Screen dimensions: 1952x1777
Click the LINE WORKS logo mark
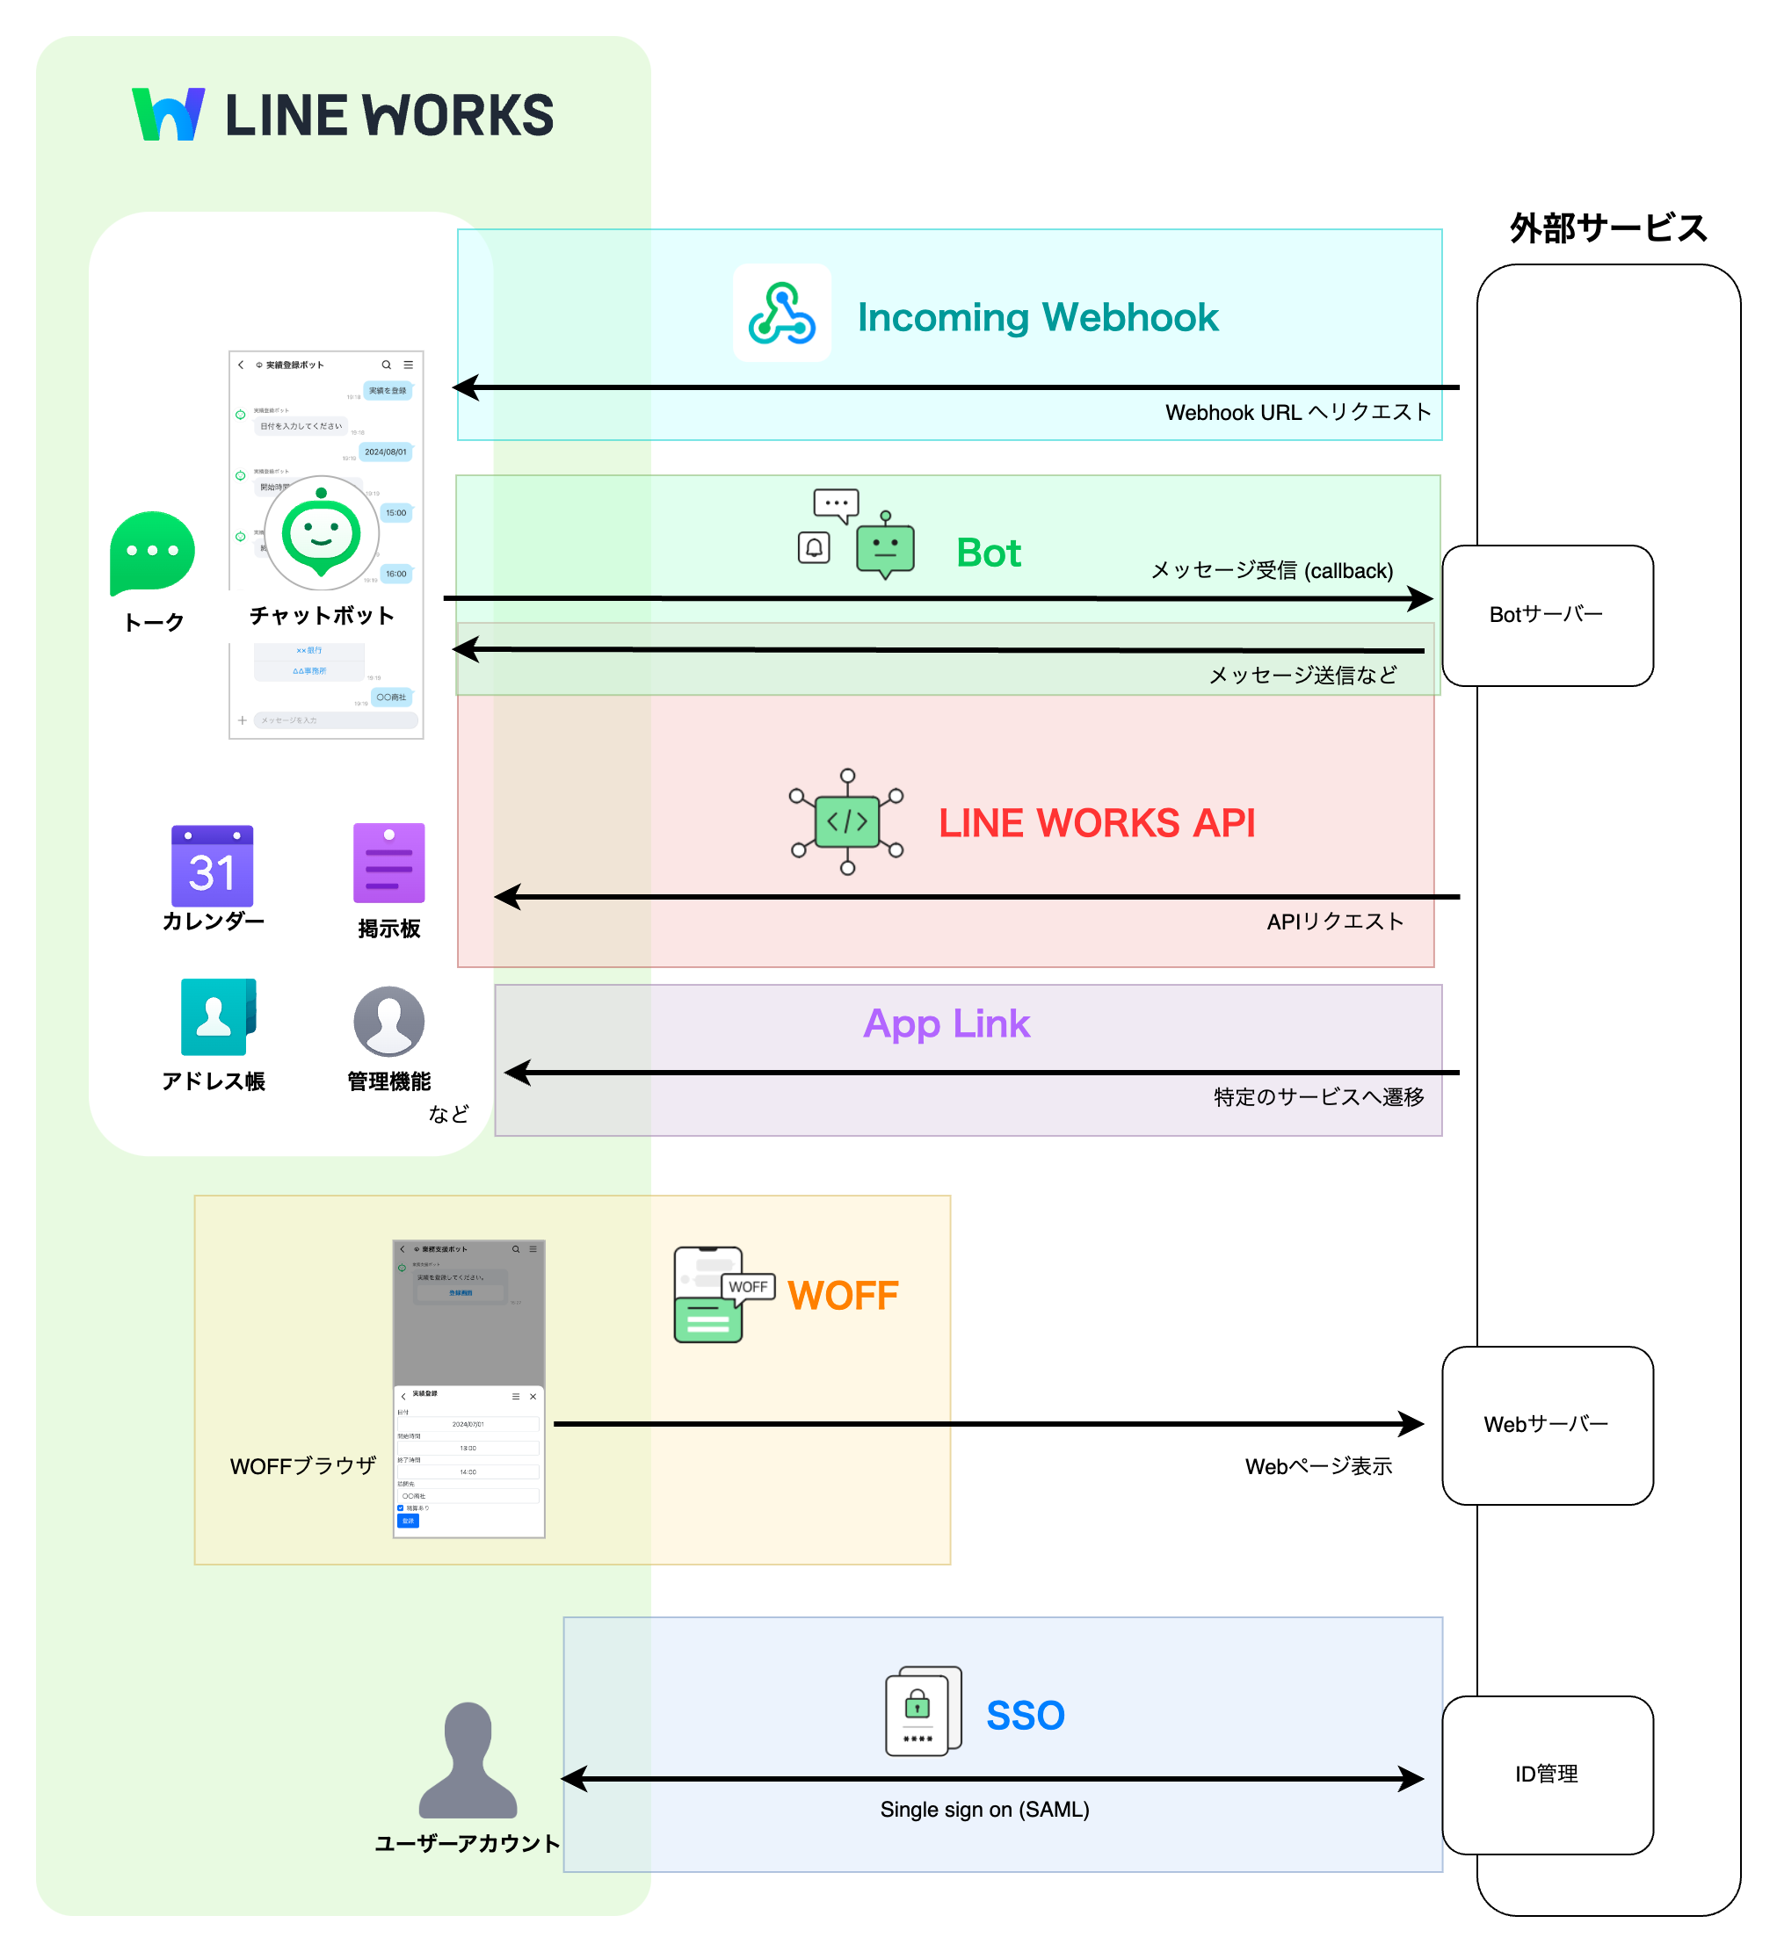tap(168, 114)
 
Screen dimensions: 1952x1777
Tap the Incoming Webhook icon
tap(781, 313)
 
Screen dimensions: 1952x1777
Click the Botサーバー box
tap(1547, 616)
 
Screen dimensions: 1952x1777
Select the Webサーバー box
tap(1547, 1425)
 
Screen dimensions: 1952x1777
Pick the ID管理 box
tap(1547, 1775)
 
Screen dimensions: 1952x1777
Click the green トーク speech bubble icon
tap(152, 553)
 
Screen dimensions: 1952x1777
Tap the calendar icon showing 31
tap(212, 865)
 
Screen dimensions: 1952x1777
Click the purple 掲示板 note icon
tap(388, 864)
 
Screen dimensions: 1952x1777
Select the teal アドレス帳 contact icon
tap(217, 1016)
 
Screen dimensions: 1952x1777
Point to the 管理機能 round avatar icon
tap(388, 1022)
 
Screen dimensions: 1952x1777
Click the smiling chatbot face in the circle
tap(321, 533)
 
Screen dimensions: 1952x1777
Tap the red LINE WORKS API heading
tap(1096, 823)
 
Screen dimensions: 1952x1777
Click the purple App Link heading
tap(947, 1023)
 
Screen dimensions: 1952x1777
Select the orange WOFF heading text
tap(843, 1296)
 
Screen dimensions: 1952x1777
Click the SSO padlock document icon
tap(922, 1711)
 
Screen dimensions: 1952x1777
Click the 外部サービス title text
tap(1607, 228)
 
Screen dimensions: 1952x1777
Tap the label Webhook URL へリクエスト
tap(1298, 413)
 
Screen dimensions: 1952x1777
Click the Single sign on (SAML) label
tap(984, 1810)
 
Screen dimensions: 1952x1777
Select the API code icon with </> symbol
tap(846, 822)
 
